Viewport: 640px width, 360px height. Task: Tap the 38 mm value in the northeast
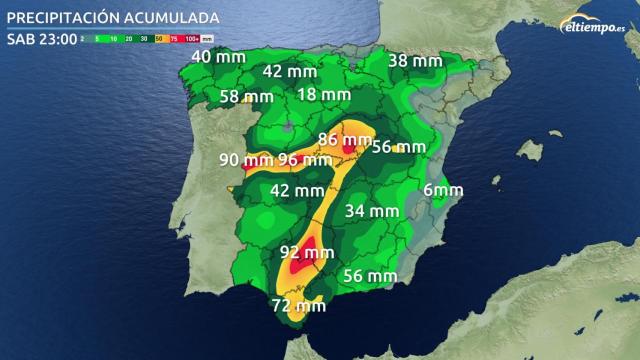(415, 61)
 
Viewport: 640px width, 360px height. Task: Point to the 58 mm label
(246, 97)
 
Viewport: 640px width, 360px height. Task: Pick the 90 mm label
(245, 159)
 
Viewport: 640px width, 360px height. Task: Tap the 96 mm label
(305, 159)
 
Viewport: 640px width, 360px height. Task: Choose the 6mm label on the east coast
(443, 190)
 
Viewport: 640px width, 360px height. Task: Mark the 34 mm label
(371, 211)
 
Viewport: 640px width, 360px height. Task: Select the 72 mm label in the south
(298, 304)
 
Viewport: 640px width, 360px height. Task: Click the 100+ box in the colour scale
(193, 39)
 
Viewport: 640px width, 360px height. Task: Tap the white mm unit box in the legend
(208, 39)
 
